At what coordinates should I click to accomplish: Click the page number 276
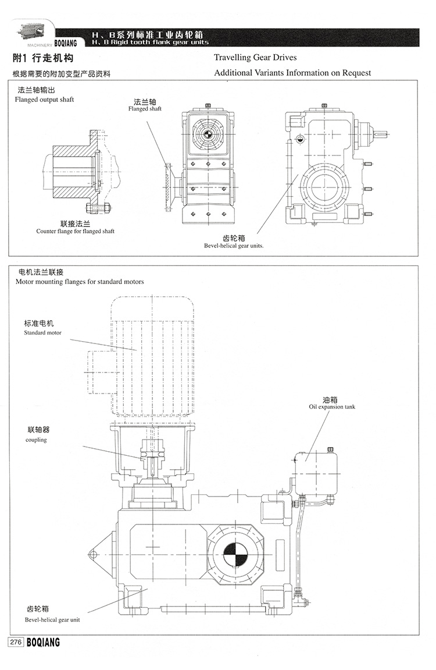(x=15, y=642)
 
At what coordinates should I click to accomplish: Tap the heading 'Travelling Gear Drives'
(x=255, y=58)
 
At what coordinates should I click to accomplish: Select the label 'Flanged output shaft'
(x=44, y=100)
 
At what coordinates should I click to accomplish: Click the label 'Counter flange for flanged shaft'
(x=76, y=231)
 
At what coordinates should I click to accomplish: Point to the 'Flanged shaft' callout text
(x=145, y=109)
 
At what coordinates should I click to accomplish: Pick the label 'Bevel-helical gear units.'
(x=234, y=246)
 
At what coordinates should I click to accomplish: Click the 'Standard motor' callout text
(x=42, y=333)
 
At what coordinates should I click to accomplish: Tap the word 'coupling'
(x=36, y=440)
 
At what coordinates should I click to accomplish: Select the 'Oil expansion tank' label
(x=332, y=407)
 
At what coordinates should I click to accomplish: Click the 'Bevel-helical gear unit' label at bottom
(x=53, y=620)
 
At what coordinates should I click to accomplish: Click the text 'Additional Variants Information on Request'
(x=292, y=73)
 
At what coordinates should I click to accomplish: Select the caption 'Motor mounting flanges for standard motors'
(x=80, y=282)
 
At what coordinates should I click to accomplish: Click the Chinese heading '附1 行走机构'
(x=43, y=59)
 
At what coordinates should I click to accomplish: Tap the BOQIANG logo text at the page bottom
(x=43, y=642)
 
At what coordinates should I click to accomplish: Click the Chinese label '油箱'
(x=330, y=399)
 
